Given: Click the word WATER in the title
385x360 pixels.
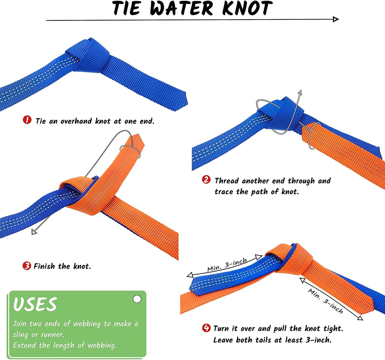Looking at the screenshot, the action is (x=182, y=9).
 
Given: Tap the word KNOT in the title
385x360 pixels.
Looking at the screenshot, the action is (x=247, y=8).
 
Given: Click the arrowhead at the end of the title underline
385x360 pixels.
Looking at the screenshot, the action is (x=336, y=19).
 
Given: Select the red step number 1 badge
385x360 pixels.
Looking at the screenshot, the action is (x=27, y=120).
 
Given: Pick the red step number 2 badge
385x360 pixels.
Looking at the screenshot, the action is (x=206, y=180).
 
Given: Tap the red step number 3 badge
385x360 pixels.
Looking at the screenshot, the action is (x=27, y=266).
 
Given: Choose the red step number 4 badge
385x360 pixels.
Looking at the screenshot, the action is (x=206, y=328).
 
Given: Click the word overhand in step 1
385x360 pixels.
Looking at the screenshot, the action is (x=76, y=121).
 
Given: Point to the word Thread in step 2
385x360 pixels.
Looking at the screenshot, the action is (x=227, y=181).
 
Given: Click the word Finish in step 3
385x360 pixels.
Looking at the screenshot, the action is (x=44, y=266).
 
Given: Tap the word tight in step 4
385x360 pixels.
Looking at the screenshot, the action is (x=333, y=328).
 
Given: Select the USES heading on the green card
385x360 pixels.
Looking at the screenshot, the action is (x=35, y=304).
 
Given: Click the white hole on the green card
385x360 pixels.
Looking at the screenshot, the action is (x=137, y=299).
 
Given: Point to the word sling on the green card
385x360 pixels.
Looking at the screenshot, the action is (x=20, y=335).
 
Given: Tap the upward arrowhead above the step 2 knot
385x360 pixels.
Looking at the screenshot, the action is (x=300, y=92).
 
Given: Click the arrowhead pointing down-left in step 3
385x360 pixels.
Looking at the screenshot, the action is (x=34, y=231).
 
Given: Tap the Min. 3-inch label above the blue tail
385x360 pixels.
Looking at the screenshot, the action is (x=227, y=265).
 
